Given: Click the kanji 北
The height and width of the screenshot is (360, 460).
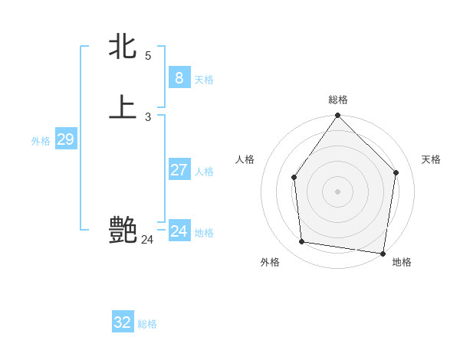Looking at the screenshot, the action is (x=123, y=47).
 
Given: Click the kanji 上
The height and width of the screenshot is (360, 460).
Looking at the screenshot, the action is (x=123, y=107).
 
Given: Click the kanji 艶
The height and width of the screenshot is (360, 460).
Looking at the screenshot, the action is (x=123, y=230).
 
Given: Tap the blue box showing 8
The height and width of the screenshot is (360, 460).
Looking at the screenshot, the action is (x=179, y=77).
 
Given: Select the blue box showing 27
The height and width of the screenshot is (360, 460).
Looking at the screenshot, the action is (x=179, y=170).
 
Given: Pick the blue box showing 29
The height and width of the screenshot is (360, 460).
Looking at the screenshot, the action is (x=65, y=139).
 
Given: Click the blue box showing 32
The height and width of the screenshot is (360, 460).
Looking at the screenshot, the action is (x=123, y=322).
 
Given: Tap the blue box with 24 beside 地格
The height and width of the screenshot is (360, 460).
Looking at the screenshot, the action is (x=179, y=231).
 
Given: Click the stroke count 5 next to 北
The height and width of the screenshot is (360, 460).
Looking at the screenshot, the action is (x=148, y=56).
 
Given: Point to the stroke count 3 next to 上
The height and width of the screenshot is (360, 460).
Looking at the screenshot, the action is (x=148, y=117).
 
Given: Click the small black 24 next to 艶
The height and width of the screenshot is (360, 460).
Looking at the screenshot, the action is (x=147, y=240).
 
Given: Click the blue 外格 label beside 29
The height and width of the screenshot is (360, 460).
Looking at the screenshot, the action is (x=41, y=141).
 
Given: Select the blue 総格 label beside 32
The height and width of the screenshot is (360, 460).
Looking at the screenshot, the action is (x=147, y=325).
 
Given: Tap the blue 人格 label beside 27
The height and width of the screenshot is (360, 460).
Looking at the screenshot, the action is (x=204, y=172).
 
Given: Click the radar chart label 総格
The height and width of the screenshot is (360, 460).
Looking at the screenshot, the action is (x=338, y=100).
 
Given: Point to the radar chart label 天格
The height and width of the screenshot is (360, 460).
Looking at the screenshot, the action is (x=431, y=159).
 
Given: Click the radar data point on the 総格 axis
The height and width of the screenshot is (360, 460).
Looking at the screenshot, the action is (x=337, y=116).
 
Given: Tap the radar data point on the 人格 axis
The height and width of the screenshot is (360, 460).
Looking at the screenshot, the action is (x=294, y=178).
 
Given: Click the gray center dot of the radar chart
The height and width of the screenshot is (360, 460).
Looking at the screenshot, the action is (x=337, y=191).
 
